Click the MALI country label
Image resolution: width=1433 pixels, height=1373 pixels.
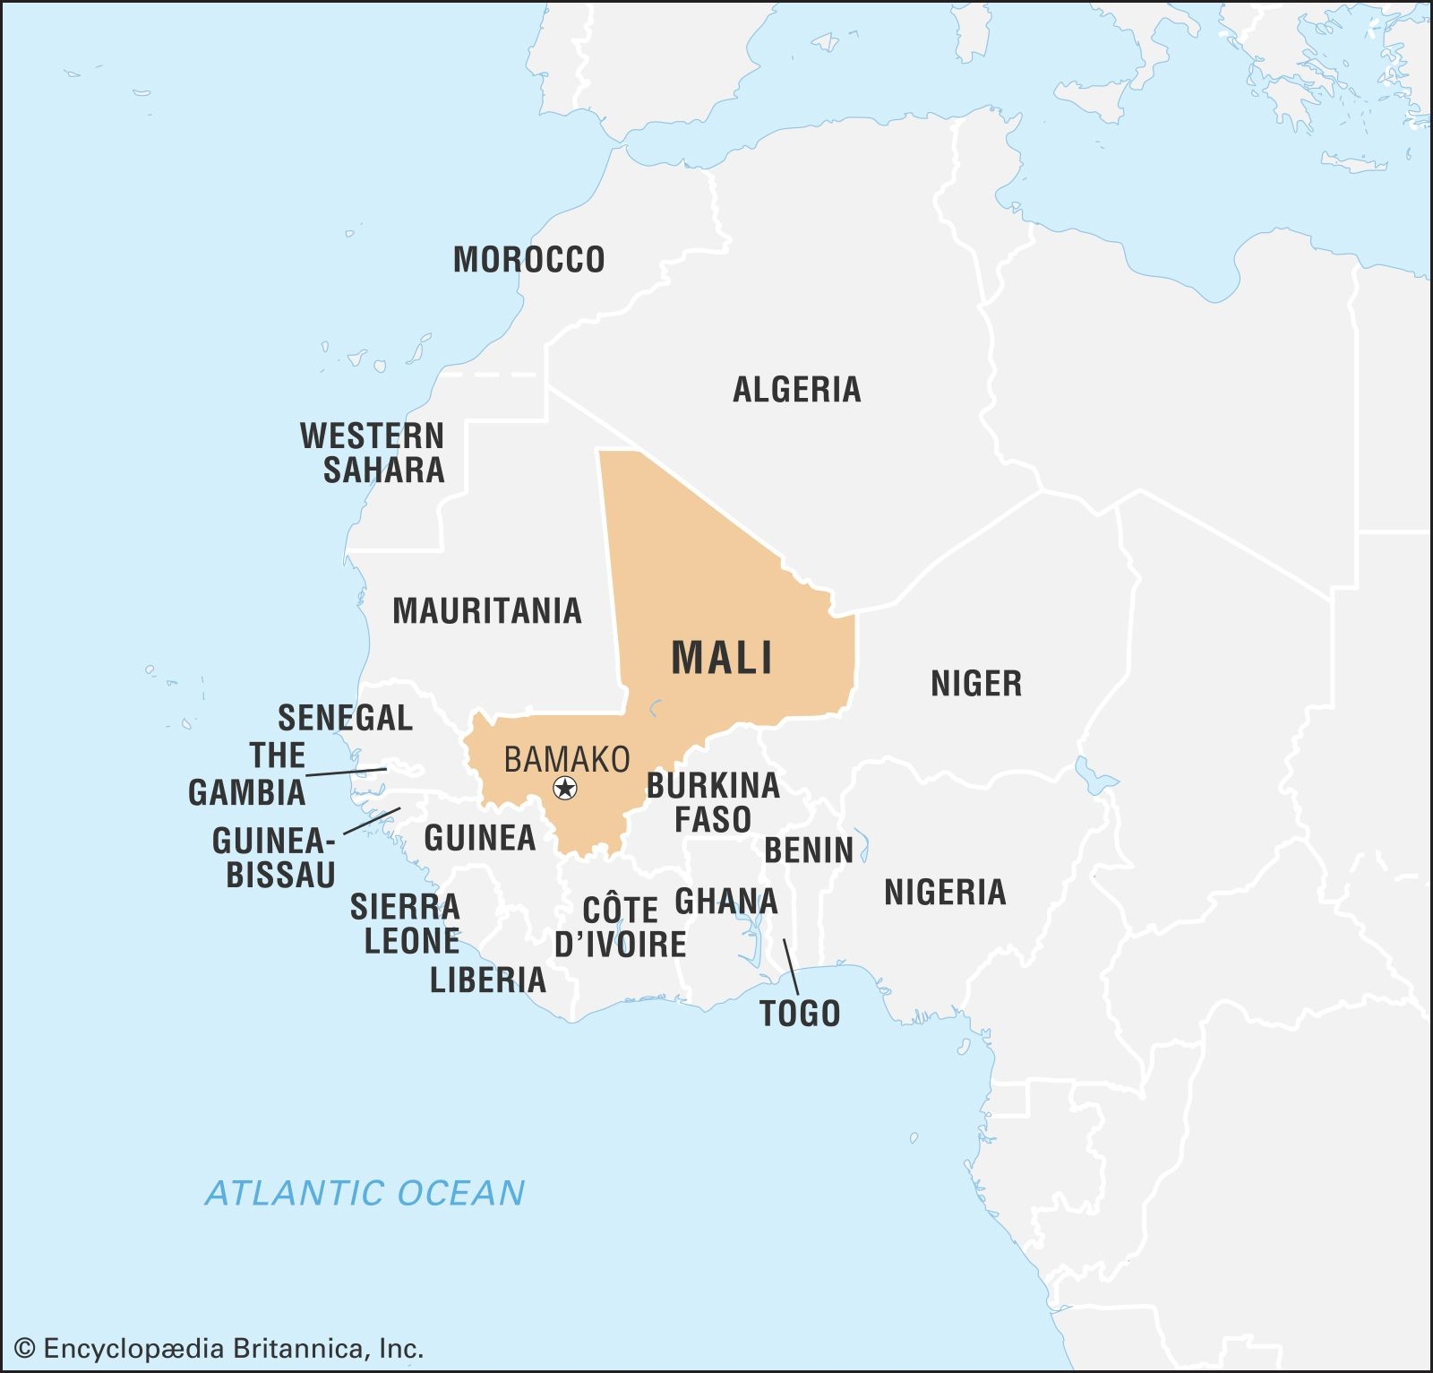pyautogui.click(x=722, y=658)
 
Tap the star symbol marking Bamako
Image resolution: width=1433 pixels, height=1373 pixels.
pyautogui.click(x=565, y=789)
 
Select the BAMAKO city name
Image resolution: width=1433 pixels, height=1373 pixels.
pyautogui.click(x=567, y=759)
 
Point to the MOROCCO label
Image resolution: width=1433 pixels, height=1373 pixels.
pyautogui.click(x=528, y=260)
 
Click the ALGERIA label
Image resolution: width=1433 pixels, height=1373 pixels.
pyautogui.click(x=796, y=390)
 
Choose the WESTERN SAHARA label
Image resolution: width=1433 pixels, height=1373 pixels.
pyautogui.click(x=373, y=453)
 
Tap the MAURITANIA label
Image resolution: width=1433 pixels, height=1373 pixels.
pyautogui.click(x=487, y=611)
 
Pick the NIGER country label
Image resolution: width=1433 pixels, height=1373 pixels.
pyautogui.click(x=976, y=684)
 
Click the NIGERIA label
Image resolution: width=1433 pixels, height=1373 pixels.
pyautogui.click(x=945, y=893)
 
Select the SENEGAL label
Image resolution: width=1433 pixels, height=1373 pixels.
pyautogui.click(x=345, y=718)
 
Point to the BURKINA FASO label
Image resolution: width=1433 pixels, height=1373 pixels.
pyautogui.click(x=713, y=802)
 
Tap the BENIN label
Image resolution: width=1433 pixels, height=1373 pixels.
pyautogui.click(x=809, y=851)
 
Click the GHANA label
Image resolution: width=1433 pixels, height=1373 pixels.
pyautogui.click(x=726, y=901)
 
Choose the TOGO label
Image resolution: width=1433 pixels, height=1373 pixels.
pyautogui.click(x=800, y=1014)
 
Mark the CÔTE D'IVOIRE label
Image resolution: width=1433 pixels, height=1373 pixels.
pyautogui.click(x=620, y=927)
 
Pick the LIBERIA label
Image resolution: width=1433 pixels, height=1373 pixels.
pyautogui.click(x=488, y=980)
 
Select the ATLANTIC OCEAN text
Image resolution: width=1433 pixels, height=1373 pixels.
pyautogui.click(x=365, y=1193)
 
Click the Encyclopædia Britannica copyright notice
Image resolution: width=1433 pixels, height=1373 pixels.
pyautogui.click(x=219, y=1349)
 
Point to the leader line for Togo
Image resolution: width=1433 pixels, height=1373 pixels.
pyautogui.click(x=791, y=967)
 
